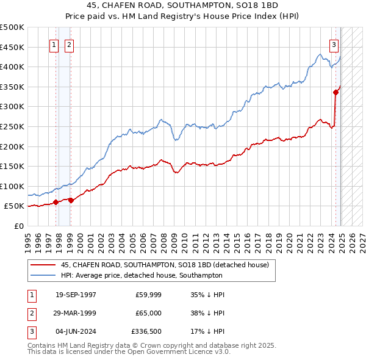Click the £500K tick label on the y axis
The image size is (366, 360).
pos(12,27)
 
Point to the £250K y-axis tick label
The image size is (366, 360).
pos(12,126)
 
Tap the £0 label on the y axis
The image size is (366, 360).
pos(20,226)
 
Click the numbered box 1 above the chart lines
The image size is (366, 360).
pos(54,45)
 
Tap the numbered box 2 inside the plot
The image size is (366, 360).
pos(69,45)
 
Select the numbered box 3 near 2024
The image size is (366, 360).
pos(334,45)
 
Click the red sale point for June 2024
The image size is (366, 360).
pos(335,92)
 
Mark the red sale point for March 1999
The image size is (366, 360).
pos(71,200)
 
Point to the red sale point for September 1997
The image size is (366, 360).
pos(56,202)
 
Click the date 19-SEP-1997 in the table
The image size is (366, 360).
pos(76,295)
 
